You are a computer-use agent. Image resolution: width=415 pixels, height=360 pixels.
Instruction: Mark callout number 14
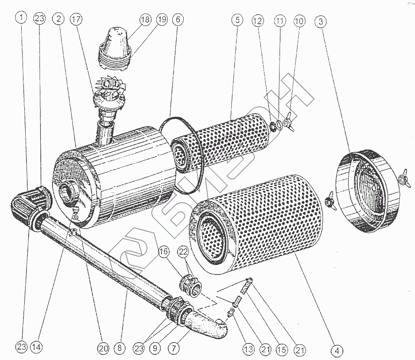click(37, 347)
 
